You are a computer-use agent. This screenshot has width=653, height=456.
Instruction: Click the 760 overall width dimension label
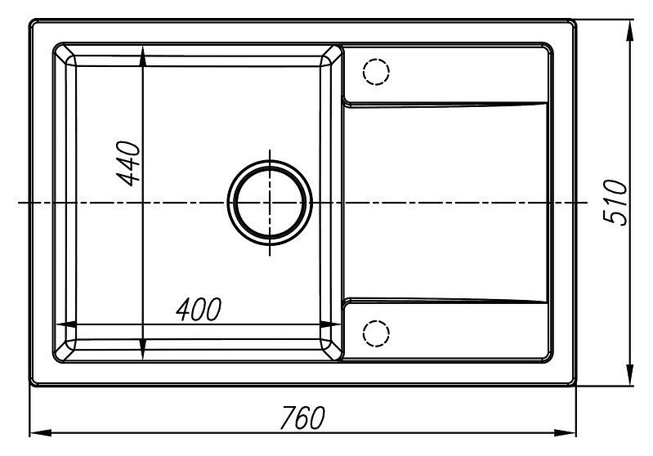[302, 418]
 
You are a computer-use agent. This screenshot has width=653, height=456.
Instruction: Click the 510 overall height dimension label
[616, 203]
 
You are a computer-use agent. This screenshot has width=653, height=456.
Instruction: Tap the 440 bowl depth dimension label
[128, 163]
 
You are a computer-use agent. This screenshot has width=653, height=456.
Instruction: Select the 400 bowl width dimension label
[199, 310]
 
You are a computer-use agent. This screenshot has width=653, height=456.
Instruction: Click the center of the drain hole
[270, 203]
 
